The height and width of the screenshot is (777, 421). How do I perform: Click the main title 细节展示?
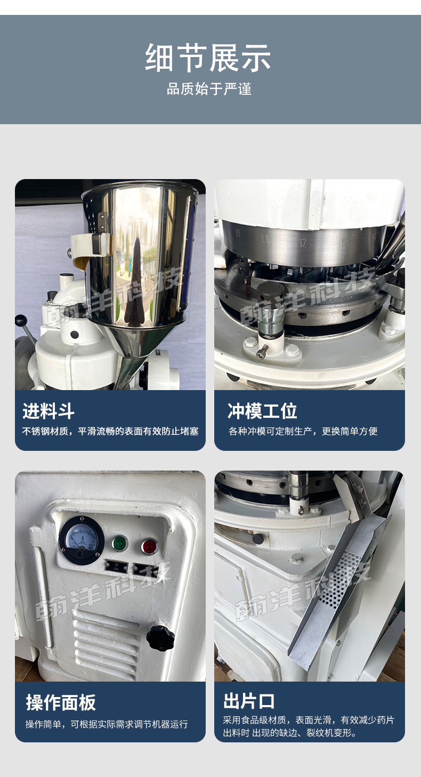pyautogui.click(x=208, y=58)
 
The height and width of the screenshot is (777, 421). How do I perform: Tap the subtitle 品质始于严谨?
pyautogui.click(x=209, y=89)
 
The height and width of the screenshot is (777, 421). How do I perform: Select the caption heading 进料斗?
pyautogui.click(x=48, y=411)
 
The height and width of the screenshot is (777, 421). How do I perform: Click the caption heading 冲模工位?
pyautogui.click(x=262, y=411)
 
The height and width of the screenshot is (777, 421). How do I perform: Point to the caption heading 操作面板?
pyautogui.click(x=61, y=703)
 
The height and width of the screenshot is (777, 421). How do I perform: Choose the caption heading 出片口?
pyautogui.click(x=249, y=701)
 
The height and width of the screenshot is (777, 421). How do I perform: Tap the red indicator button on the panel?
pyautogui.click(x=149, y=546)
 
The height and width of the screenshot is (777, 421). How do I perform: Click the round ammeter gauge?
pyautogui.click(x=82, y=540)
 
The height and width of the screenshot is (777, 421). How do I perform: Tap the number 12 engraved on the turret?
pyautogui.click(x=303, y=242)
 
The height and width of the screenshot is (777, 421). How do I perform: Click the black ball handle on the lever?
pyautogui.click(x=21, y=319)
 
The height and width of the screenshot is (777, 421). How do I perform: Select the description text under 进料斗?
pyautogui.click(x=110, y=431)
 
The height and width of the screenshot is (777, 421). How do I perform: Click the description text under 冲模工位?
pyautogui.click(x=303, y=431)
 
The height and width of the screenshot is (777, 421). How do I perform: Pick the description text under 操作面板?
pyautogui.click(x=107, y=724)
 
